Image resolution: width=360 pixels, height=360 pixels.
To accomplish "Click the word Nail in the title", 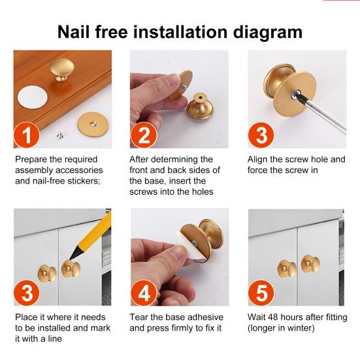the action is point(73,31).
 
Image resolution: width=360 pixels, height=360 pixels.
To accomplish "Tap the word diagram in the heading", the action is point(268,33).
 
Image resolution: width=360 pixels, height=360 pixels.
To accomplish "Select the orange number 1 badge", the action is point(27,135).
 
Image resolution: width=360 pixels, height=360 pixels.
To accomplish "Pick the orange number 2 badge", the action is point(144,135).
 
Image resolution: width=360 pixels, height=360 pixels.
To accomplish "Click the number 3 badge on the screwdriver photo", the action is point(261,135).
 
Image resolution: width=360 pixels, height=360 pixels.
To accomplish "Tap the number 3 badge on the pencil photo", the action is point(27,293).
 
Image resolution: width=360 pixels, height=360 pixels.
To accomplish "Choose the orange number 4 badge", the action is point(144,293).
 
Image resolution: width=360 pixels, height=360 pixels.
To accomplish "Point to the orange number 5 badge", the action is point(261,293).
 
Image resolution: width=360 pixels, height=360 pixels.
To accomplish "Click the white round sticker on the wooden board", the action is point(33,97).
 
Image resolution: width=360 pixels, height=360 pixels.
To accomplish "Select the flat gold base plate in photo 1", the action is point(93,124).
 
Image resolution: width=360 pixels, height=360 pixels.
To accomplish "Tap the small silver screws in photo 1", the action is point(60,135).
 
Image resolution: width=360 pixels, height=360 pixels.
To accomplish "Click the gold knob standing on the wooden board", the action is point(62,69).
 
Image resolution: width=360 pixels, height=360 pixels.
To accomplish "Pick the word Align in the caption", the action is point(257,160).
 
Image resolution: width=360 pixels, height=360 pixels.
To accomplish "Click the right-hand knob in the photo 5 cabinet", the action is point(310,263).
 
